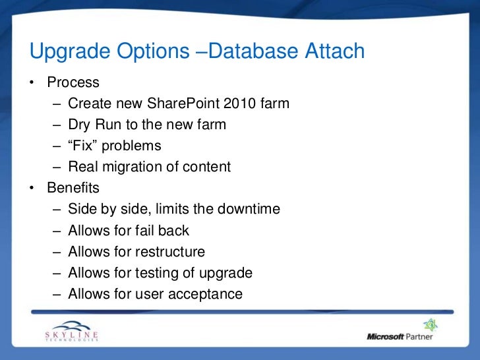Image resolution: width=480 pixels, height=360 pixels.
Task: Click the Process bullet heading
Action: pos(73,83)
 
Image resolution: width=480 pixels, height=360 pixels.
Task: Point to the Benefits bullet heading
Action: pos(73,189)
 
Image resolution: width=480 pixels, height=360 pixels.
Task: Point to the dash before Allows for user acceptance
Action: pos(57,294)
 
